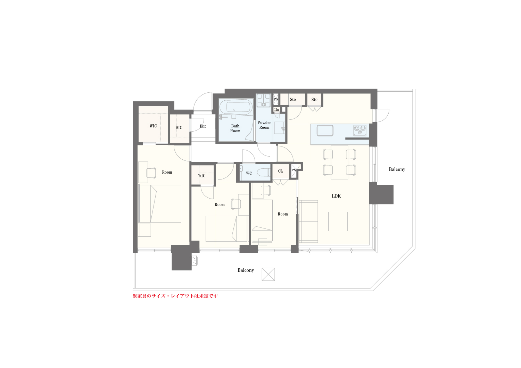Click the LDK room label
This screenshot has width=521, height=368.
click(336, 196)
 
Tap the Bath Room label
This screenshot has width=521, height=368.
click(235, 128)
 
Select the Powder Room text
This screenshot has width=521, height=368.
click(264, 125)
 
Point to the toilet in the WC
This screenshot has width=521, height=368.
click(264, 173)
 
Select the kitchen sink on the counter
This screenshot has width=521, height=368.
click(325, 131)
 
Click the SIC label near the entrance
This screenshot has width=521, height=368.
click(179, 127)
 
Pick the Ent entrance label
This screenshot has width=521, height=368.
click(203, 126)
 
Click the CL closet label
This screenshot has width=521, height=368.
click(281, 171)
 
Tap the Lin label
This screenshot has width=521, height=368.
click(276, 109)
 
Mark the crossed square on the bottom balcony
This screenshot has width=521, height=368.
click(268, 274)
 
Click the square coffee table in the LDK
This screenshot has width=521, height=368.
click(338, 221)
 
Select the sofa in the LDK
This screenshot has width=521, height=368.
click(308, 221)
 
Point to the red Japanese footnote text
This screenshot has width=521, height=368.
click(175, 296)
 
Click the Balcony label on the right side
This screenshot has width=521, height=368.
click(397, 169)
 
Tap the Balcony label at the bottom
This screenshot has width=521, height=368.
click(245, 270)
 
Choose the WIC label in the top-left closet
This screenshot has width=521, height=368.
click(153, 126)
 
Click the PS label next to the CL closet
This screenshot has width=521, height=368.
click(294, 170)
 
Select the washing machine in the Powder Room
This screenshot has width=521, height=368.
click(264, 100)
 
